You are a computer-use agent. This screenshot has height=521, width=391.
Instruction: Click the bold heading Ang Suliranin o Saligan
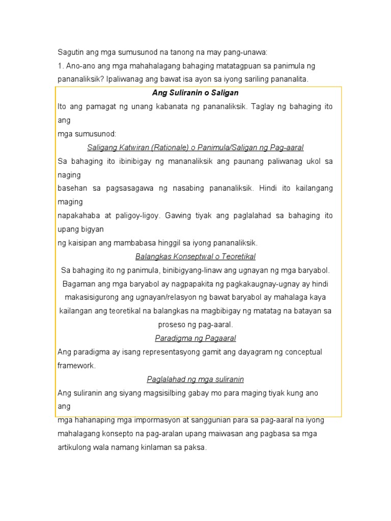(195, 93)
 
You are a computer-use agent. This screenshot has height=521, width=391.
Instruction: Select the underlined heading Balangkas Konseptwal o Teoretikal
(195, 256)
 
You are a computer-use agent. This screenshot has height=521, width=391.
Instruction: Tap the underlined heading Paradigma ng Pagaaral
(195, 338)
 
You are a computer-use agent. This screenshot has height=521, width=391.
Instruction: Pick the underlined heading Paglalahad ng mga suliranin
(195, 379)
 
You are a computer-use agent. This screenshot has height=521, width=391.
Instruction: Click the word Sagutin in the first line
(69, 52)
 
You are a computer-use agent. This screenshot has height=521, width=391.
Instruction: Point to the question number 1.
(60, 66)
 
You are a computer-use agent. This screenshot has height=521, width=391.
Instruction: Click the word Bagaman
(77, 283)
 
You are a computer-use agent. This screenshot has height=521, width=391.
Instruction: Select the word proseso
(171, 325)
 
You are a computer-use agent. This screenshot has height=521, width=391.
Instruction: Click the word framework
(76, 366)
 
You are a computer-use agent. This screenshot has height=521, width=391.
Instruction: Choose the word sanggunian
(207, 420)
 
